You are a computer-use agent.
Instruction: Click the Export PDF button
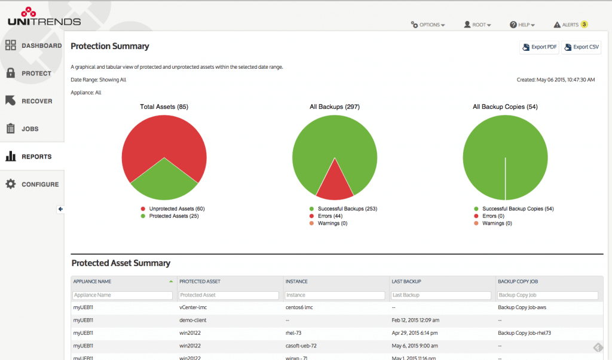click(x=539, y=47)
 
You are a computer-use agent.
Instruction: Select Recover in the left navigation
click(x=33, y=101)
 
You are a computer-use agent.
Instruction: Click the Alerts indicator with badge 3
click(x=570, y=25)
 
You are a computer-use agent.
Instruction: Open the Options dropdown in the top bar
click(x=428, y=25)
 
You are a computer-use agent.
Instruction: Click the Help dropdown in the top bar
click(x=522, y=25)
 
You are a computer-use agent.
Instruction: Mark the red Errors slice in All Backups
click(x=335, y=185)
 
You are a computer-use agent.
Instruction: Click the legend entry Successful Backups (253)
click(x=342, y=209)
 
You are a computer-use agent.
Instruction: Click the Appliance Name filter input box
click(x=123, y=295)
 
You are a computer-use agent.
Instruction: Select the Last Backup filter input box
click(x=441, y=295)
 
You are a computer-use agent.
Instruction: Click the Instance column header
click(x=297, y=281)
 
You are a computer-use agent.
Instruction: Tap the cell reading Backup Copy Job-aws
click(x=521, y=307)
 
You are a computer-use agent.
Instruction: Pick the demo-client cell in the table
click(x=193, y=320)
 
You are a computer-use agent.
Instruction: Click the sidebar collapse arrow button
click(x=60, y=209)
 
